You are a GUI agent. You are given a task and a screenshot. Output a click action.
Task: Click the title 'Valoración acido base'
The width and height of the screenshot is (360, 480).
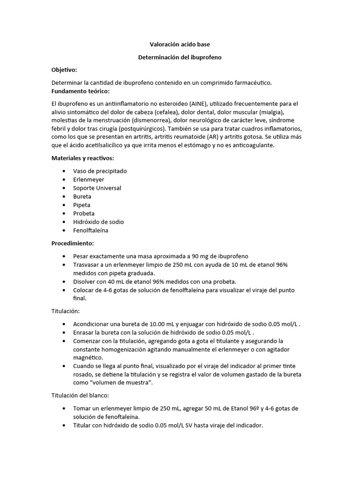point(180,45)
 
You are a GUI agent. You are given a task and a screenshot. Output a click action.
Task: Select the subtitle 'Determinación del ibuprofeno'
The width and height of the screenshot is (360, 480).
point(180,57)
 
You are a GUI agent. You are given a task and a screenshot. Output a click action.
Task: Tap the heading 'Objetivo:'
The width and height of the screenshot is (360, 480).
point(64,69)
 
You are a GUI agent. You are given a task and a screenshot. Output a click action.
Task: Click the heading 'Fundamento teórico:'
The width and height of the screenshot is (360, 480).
point(80,90)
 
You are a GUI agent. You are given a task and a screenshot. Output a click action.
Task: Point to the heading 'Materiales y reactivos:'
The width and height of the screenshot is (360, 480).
point(82,158)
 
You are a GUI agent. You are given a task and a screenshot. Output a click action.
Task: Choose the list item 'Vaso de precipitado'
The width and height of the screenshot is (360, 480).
point(100,171)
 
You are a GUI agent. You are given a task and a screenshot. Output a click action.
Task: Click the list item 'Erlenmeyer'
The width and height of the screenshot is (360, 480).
point(89,180)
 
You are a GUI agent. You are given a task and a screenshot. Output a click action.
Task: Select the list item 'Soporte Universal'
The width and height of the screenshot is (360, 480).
point(97,188)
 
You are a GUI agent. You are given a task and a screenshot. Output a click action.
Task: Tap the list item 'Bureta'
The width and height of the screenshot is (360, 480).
point(82,196)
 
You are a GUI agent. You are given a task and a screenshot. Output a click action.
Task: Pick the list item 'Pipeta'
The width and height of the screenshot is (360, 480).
point(82,205)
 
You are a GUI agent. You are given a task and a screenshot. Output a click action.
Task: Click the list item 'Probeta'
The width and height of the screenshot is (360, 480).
point(84,213)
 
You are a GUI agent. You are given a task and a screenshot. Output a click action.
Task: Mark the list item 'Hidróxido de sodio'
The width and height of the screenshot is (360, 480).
point(98,222)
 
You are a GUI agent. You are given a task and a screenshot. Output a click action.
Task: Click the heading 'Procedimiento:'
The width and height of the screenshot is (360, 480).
point(73,243)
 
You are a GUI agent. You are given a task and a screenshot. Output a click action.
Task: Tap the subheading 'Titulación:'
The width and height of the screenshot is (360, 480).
point(66,311)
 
